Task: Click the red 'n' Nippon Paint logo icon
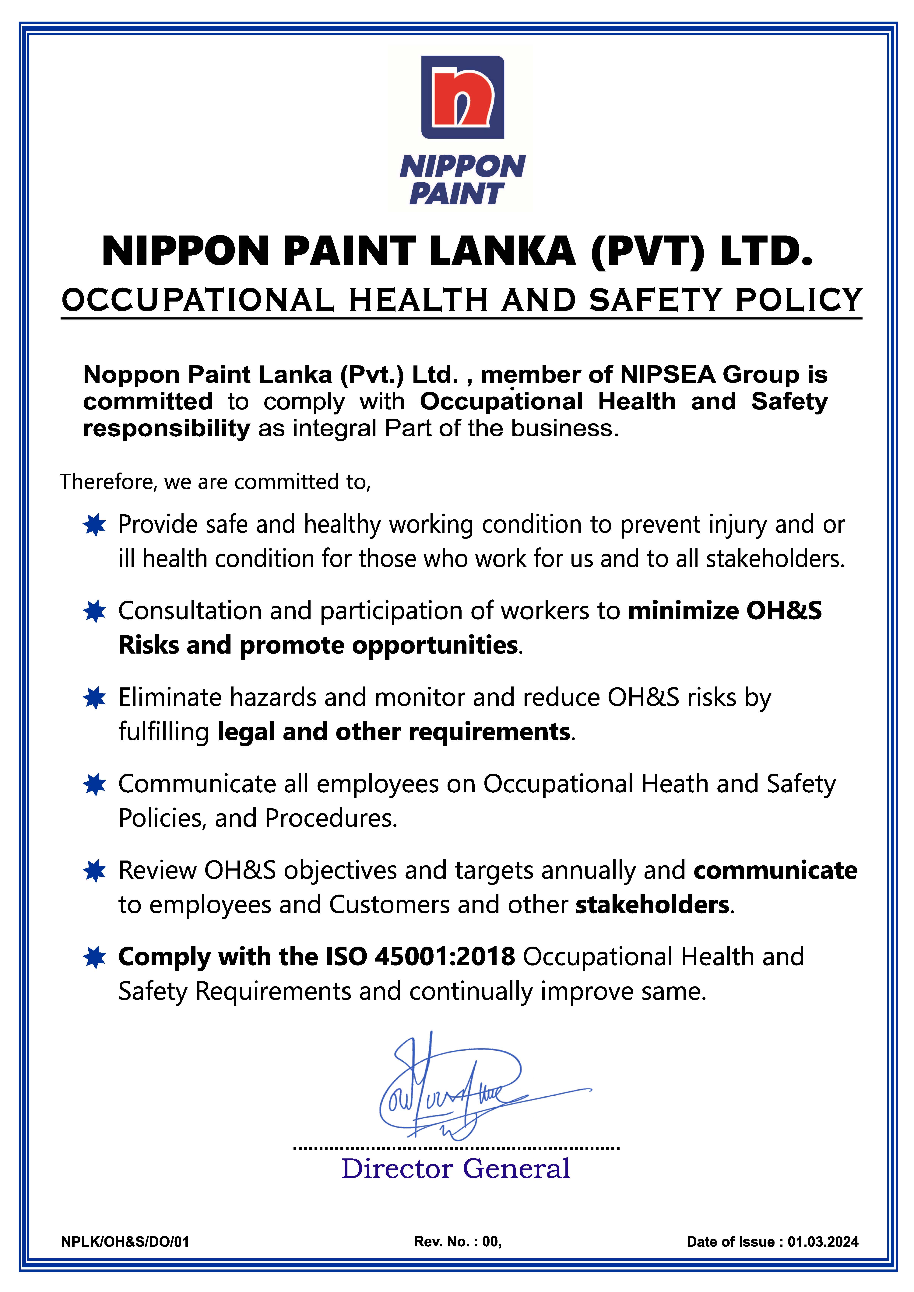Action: coord(463,97)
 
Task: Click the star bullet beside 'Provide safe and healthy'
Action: coord(94,525)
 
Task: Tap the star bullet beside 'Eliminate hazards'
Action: coord(94,698)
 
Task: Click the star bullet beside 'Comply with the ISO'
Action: coord(94,957)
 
